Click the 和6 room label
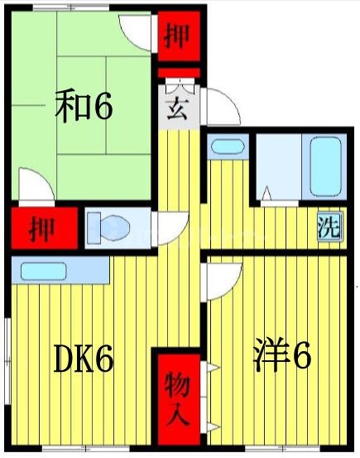click(x=84, y=107)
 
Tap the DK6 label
click(x=83, y=359)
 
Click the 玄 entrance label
click(x=175, y=108)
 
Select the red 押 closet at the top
click(x=175, y=37)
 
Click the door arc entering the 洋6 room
click(x=223, y=282)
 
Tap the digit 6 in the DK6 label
click(x=102, y=359)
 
